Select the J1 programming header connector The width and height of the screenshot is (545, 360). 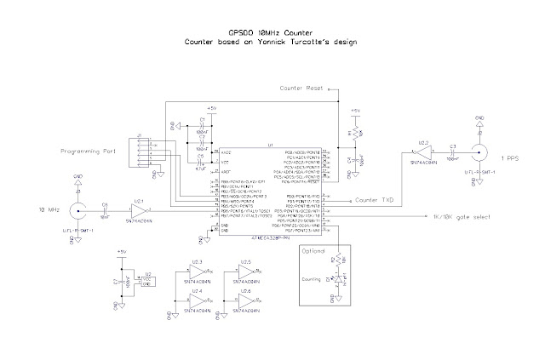click(x=135, y=150)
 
